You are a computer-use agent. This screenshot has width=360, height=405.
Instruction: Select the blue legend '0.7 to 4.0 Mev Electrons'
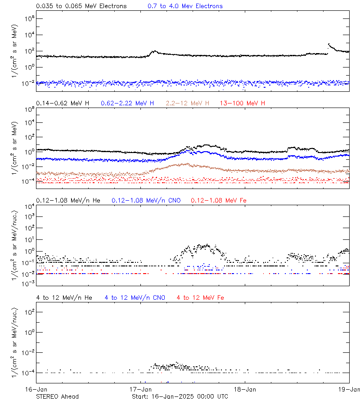pos(185,6)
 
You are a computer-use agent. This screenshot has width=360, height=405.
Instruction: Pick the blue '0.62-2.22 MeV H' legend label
pos(127,103)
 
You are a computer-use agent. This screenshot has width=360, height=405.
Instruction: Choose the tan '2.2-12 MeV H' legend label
pos(187,103)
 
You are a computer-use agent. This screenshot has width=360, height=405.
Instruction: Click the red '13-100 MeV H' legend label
pos(243,103)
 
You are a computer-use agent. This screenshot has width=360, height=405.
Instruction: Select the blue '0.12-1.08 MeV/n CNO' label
pos(146,200)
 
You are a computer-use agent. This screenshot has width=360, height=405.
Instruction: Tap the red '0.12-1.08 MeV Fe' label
pos(218,200)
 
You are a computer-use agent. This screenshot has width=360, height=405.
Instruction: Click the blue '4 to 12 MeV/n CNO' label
pos(135,297)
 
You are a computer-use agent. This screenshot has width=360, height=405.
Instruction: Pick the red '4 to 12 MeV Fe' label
pos(200,297)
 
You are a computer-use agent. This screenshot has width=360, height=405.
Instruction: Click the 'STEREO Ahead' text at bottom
pos(57,396)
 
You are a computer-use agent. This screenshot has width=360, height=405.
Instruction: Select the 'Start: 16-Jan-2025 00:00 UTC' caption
pos(180,396)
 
